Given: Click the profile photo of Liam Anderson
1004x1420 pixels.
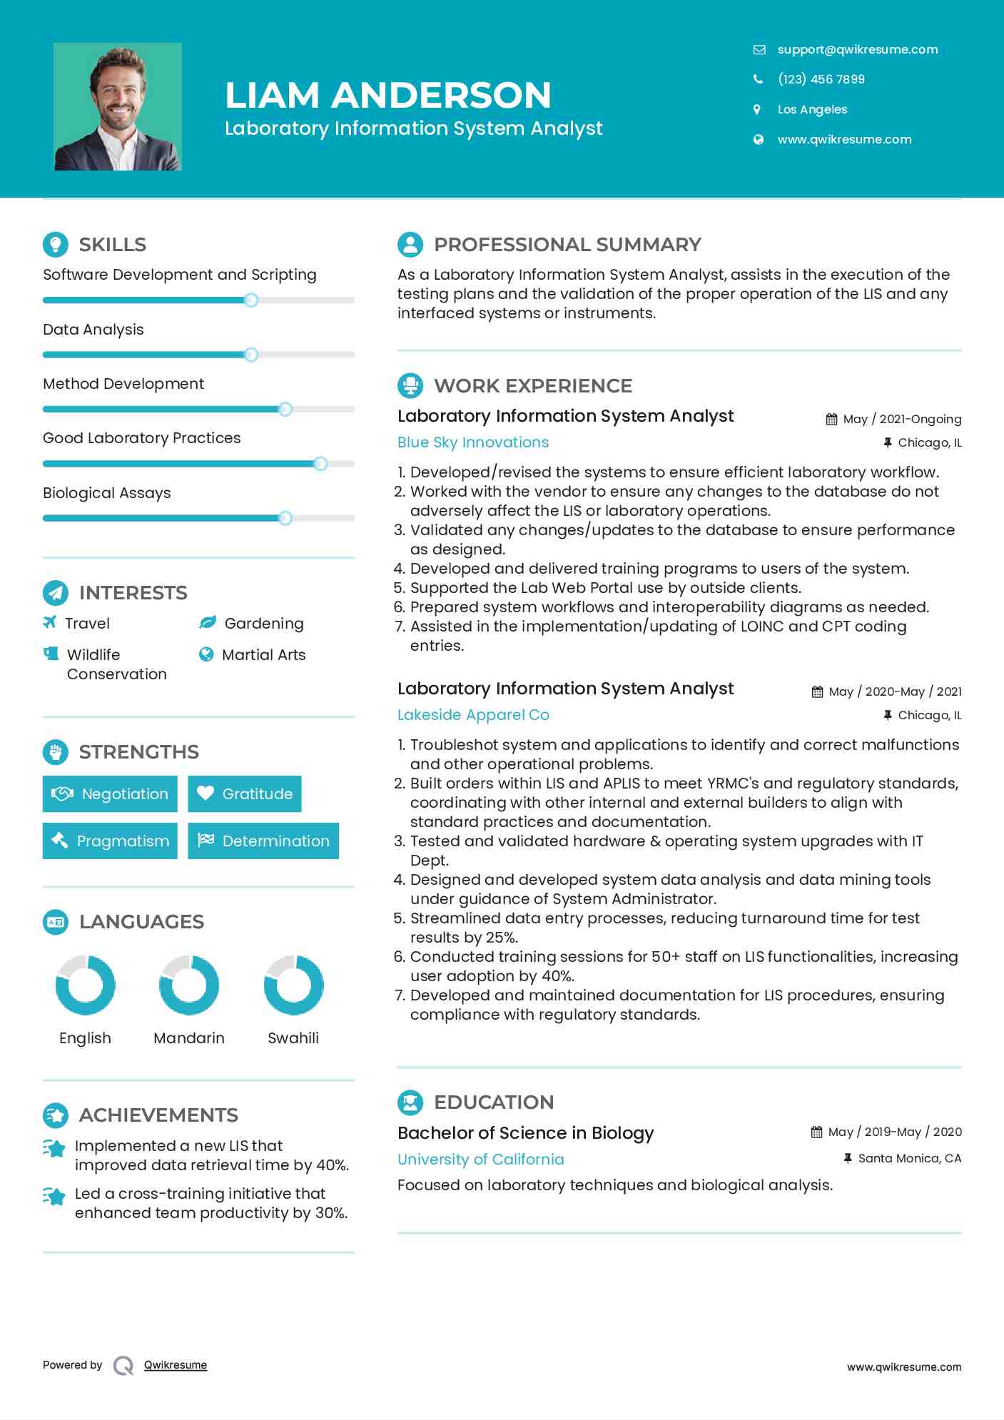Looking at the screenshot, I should pos(118,107).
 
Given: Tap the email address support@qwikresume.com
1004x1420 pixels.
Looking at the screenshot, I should pos(857,49).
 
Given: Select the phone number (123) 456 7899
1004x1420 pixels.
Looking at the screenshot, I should pos(821,79).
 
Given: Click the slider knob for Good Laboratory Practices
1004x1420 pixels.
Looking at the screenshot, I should pos(320,464).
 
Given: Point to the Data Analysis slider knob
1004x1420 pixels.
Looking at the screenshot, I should pos(250,355).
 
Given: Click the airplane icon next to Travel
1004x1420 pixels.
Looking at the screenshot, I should pos(49,622).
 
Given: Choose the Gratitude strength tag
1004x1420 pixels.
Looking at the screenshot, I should pos(245,793).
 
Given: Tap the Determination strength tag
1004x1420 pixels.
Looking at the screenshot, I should pos(263,841).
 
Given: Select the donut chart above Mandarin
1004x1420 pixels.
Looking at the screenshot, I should pos(189,985).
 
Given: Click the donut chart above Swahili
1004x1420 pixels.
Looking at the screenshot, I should pos(293,985).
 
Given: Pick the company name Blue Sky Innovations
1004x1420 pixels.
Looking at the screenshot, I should pos(473,442).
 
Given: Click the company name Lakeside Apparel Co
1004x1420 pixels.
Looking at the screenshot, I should pos(473,715).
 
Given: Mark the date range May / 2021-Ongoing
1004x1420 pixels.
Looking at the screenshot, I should pos(902,420).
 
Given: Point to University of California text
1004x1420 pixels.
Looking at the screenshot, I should pos(480,1160).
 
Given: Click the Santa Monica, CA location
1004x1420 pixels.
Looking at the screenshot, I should pos(909,1158).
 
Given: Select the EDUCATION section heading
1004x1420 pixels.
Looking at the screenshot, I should pos(494,1102).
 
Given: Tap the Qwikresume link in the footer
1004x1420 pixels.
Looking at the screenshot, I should pos(176,1365).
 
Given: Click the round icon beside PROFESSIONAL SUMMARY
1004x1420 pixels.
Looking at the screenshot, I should pos(410,245).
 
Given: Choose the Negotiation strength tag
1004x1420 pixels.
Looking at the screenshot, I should pos(110,793).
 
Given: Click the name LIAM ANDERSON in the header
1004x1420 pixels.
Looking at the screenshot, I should pos(388,95).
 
